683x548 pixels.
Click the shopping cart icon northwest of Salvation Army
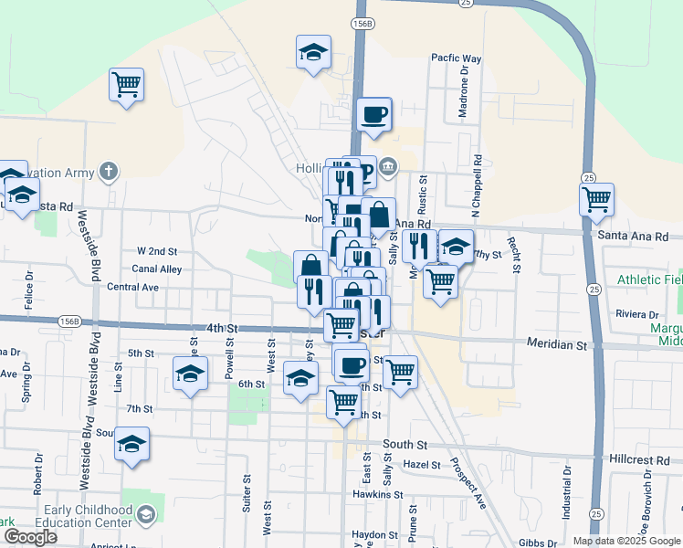(x=126, y=85)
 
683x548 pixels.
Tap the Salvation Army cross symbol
(x=109, y=171)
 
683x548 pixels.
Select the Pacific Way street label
(x=456, y=58)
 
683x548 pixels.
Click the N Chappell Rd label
(x=476, y=184)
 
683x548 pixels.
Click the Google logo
(x=29, y=537)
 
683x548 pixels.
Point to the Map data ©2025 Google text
(x=625, y=541)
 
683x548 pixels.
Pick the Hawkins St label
(x=378, y=495)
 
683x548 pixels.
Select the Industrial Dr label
(x=567, y=490)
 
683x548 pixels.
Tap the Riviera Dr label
(x=636, y=313)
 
